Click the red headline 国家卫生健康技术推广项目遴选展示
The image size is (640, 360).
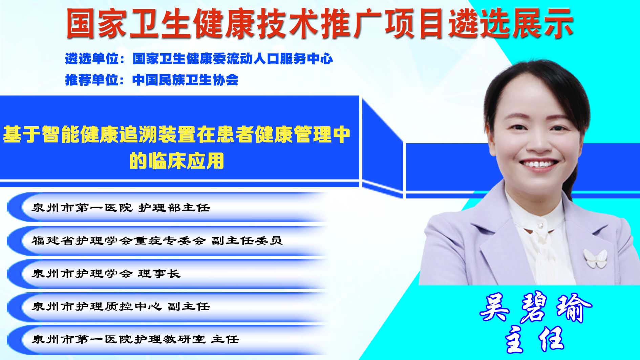(320, 23)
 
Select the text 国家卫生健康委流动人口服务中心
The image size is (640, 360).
(233, 59)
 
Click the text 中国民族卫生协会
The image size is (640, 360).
(185, 80)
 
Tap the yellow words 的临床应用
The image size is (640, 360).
(177, 161)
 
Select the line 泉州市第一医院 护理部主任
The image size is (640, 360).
(121, 208)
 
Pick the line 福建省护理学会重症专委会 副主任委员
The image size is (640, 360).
(157, 240)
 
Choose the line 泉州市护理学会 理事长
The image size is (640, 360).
(106, 273)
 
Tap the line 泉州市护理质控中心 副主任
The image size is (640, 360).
(121, 306)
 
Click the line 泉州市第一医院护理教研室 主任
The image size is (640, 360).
(135, 339)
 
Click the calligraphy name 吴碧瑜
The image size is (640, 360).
(536, 308)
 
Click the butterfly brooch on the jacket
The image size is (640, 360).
(595, 258)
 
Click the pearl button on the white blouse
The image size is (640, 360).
(541, 225)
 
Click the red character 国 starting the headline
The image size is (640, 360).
(81, 23)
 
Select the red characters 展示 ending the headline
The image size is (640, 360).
(543, 23)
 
